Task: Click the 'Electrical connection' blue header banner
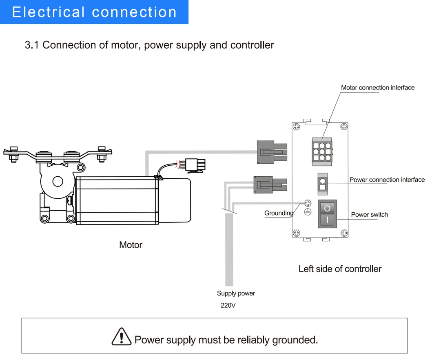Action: coord(94,12)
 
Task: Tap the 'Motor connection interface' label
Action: coord(377,87)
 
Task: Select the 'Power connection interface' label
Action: coord(387,180)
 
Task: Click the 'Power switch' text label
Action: coord(369,214)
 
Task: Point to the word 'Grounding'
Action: coord(279,213)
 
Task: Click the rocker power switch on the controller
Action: coord(327,214)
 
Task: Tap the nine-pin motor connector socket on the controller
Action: coord(322,151)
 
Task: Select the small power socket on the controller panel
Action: coord(323,184)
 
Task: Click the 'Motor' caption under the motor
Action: coord(131,245)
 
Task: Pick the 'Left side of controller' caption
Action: coord(340,269)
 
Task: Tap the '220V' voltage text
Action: coord(228,305)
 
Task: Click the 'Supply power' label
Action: coord(236,293)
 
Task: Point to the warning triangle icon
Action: coord(122,337)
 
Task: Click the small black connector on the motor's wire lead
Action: coord(195,164)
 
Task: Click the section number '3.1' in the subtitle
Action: coord(32,45)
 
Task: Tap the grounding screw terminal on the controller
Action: coord(308,203)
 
